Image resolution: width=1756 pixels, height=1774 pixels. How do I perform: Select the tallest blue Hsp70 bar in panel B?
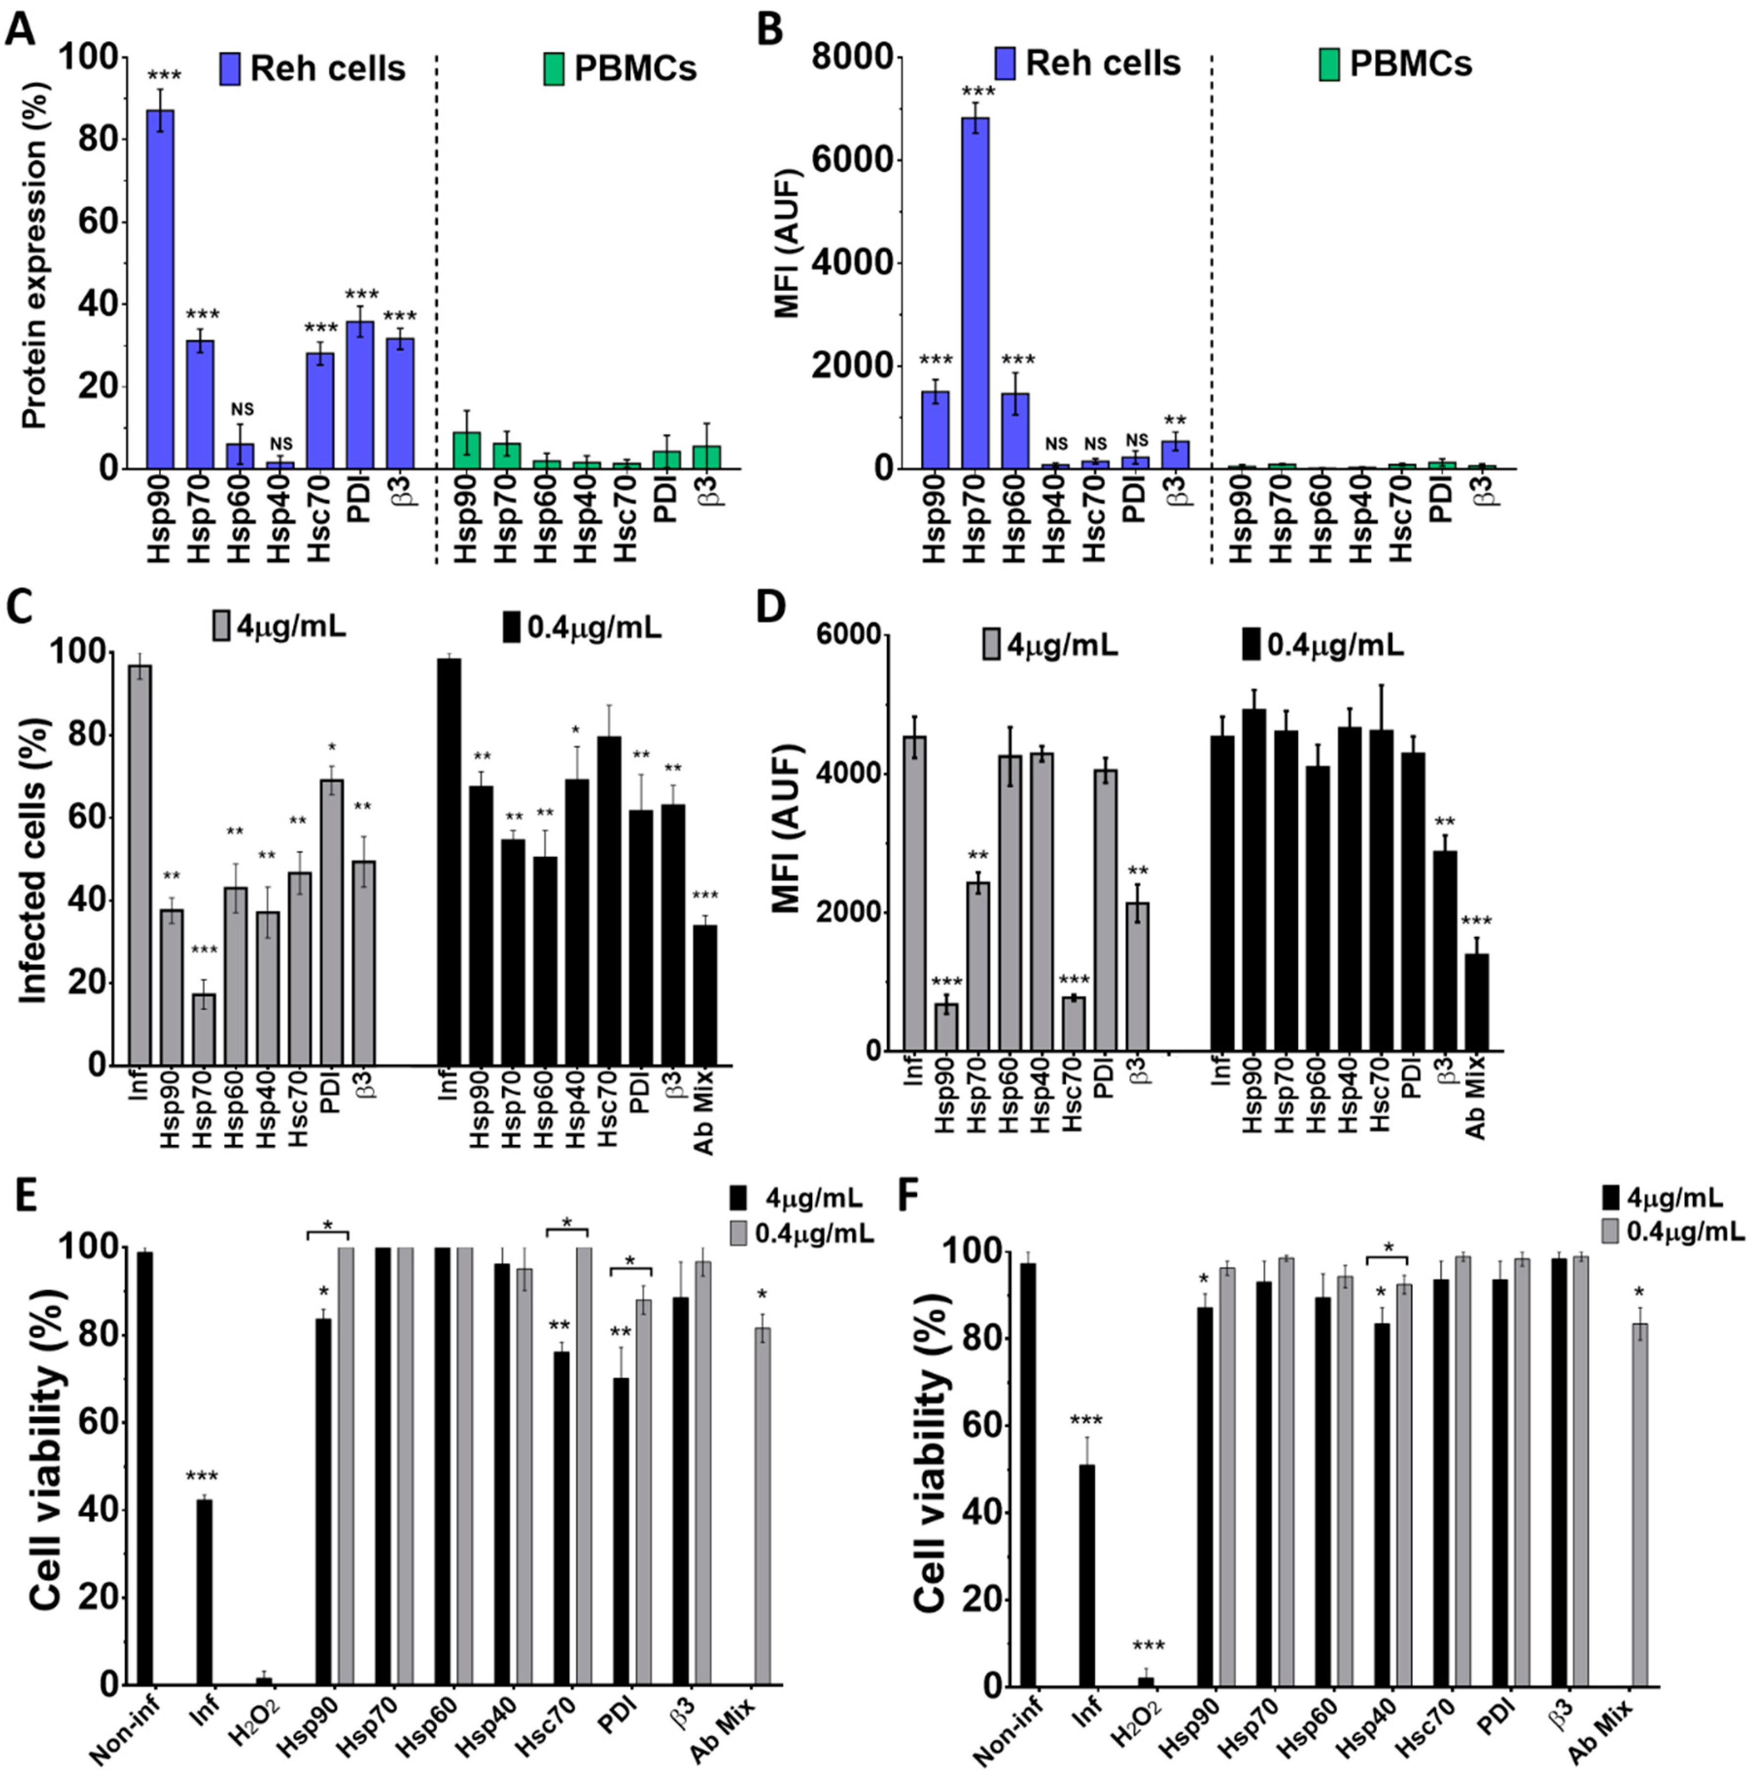[975, 294]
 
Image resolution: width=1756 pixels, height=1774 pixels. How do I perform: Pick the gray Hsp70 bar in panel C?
[204, 1028]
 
